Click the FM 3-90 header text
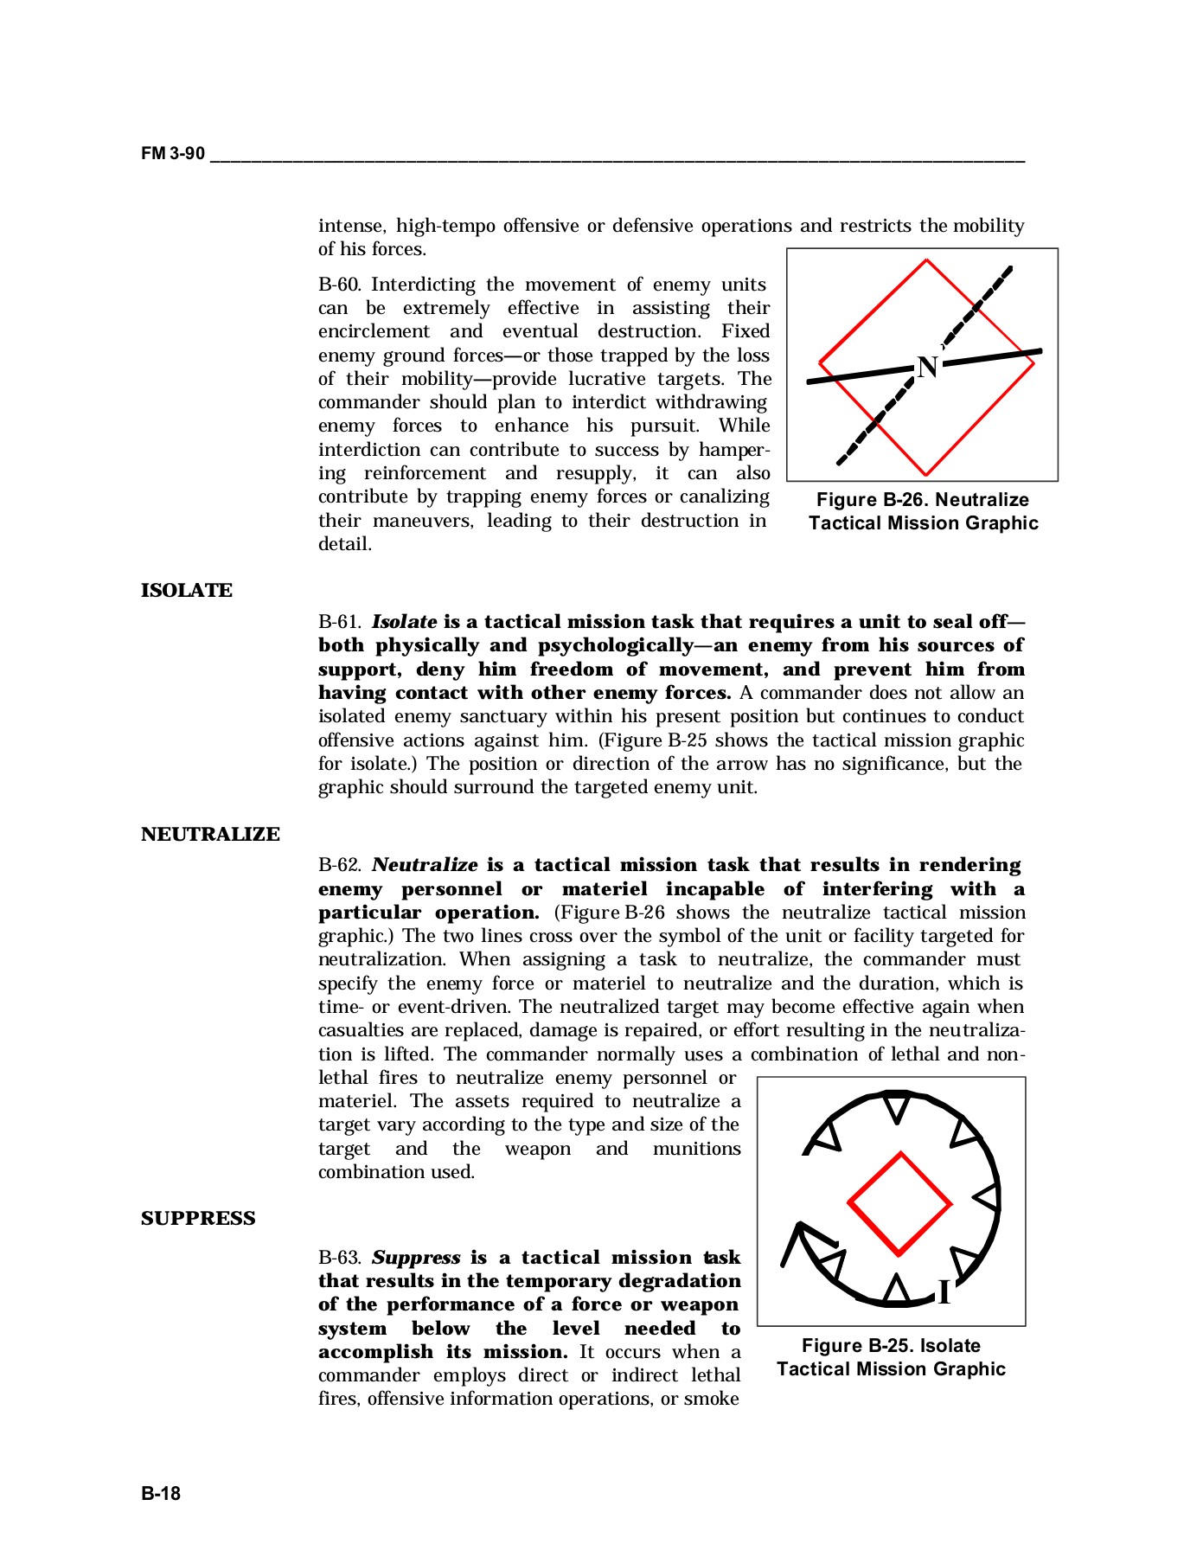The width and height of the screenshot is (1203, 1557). (173, 154)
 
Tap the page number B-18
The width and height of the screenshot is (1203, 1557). (161, 1493)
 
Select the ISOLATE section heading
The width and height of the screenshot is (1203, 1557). (187, 591)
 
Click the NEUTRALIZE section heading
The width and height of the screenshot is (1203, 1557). (210, 835)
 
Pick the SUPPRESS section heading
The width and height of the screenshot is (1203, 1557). (198, 1219)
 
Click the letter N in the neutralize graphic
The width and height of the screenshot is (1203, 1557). (927, 368)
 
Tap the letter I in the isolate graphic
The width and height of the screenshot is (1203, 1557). (944, 1293)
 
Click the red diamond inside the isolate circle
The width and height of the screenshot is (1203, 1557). (899, 1203)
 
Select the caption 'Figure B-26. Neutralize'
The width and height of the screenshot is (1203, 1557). (923, 500)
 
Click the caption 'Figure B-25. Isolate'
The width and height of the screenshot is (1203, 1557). (891, 1346)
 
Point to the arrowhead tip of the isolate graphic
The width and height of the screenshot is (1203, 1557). (800, 1225)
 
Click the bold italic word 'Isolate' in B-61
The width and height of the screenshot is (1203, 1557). (404, 623)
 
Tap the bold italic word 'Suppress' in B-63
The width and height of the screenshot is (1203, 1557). (416, 1259)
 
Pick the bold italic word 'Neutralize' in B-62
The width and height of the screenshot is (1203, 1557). (425, 866)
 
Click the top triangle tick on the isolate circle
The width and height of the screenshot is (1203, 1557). (898, 1107)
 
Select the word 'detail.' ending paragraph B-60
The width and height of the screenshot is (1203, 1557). (345, 545)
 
